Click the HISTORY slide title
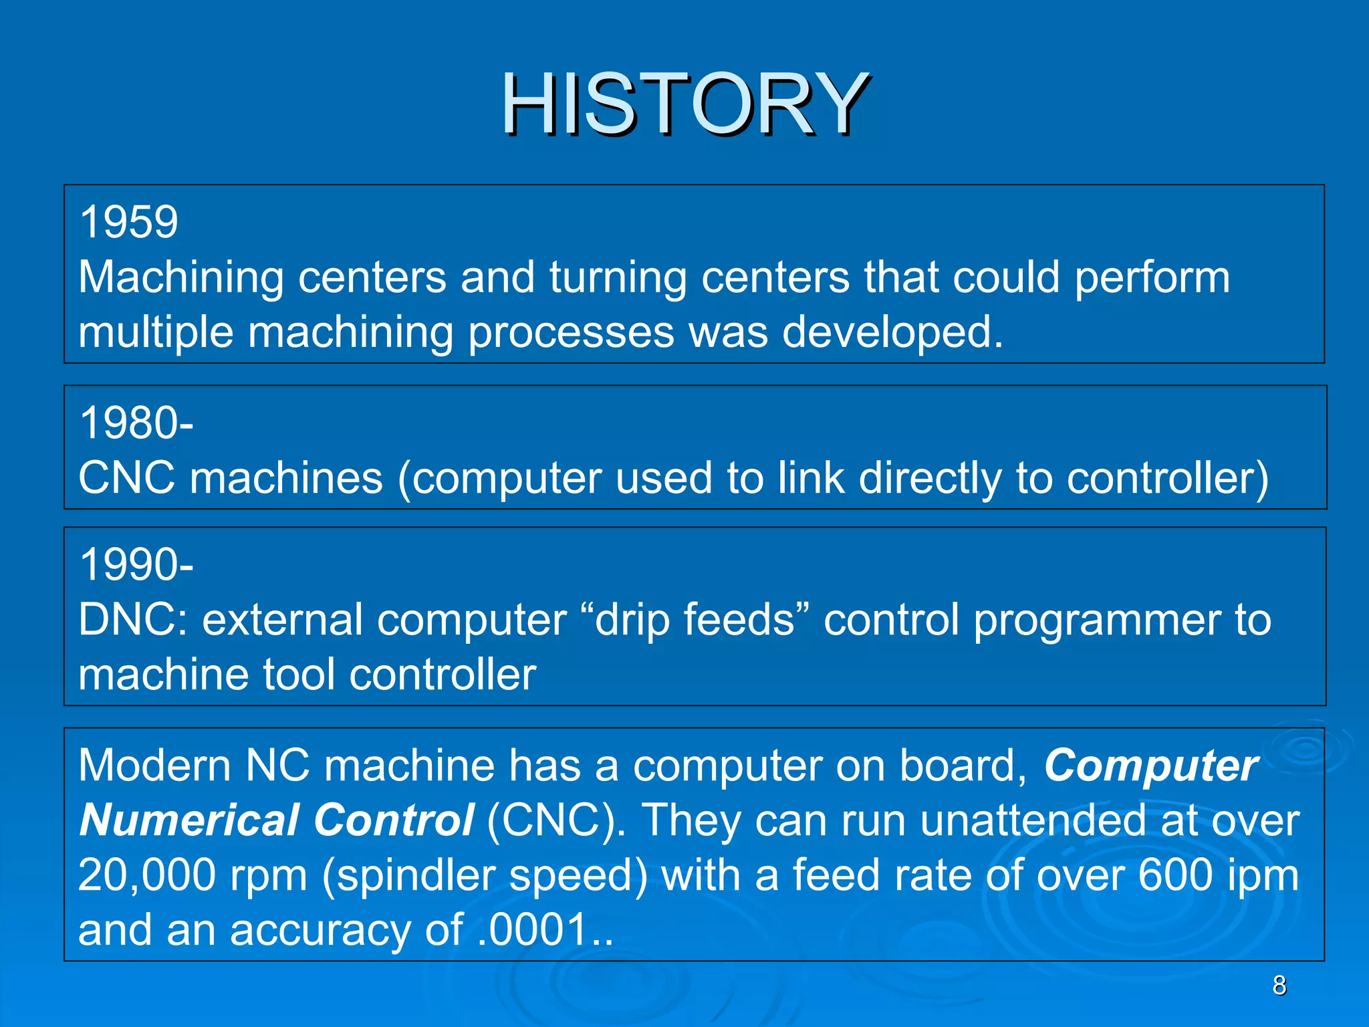[684, 105]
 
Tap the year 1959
[129, 222]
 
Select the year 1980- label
[136, 423]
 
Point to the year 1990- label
[136, 565]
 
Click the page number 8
[1279, 986]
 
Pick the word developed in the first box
[892, 332]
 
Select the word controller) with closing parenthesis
[1167, 479]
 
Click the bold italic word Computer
[1151, 766]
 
